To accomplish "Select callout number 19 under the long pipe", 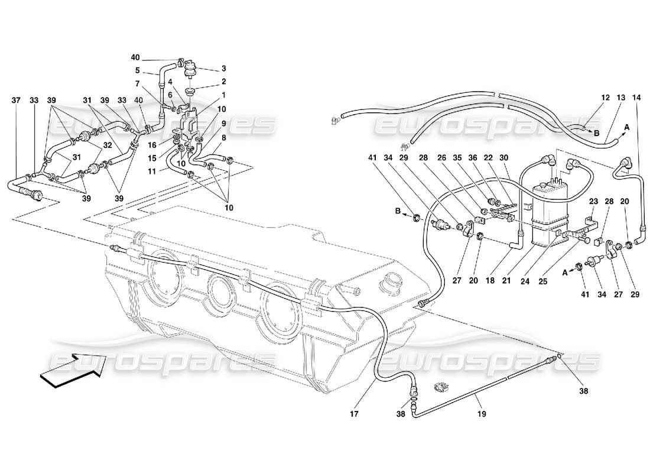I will pos(482,414).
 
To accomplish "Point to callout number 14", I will pos(636,97).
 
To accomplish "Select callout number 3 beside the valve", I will pos(224,69).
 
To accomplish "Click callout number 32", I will pos(108,145).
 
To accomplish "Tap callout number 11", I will pos(152,171).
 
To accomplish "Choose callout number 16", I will pos(152,145).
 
